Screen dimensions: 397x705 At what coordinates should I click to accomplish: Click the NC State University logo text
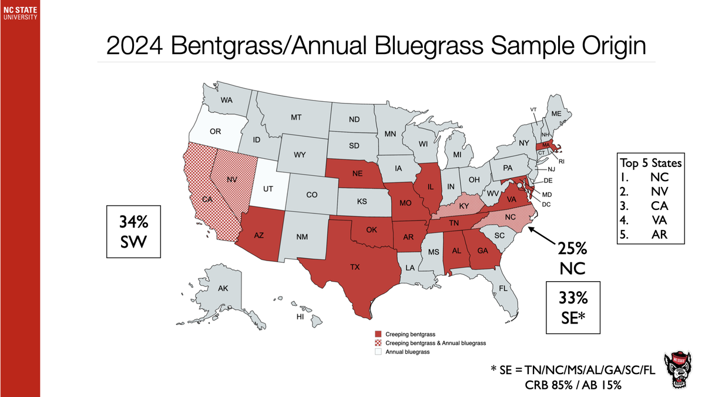tap(19, 12)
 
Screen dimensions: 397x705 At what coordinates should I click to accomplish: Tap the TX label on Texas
tap(355, 266)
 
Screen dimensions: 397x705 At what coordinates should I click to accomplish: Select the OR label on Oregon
tap(215, 131)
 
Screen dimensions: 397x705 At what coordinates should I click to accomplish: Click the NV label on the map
tap(231, 179)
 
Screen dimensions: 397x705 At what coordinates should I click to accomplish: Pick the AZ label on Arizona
tap(258, 235)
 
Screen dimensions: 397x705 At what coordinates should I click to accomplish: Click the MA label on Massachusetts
tap(546, 145)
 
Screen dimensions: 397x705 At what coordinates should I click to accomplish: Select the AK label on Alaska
tap(223, 288)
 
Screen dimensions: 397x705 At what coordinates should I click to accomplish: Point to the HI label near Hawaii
tap(300, 316)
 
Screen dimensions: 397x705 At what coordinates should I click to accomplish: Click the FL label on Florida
tap(503, 288)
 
